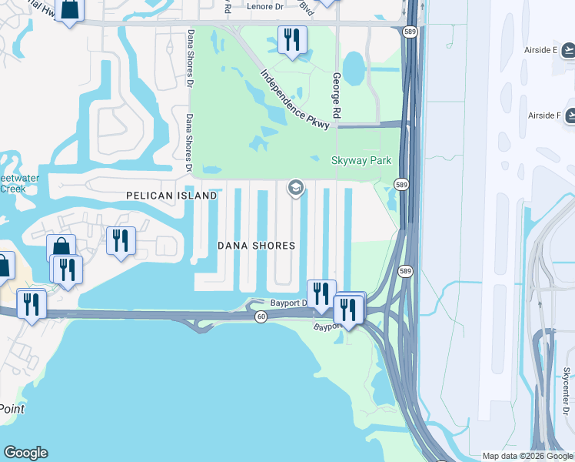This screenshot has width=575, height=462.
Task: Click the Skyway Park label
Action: click(x=361, y=160)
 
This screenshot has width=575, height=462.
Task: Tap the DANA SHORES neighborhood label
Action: click(x=256, y=246)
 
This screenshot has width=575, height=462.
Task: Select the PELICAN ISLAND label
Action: click(x=171, y=196)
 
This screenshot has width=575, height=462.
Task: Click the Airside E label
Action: click(x=542, y=50)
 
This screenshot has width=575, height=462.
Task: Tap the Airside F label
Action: click(x=544, y=115)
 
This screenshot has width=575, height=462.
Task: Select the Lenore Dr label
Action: click(x=266, y=7)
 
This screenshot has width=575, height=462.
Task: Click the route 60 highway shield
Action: click(x=261, y=316)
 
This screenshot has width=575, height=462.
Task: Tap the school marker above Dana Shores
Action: click(x=295, y=187)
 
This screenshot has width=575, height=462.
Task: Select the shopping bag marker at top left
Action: click(x=69, y=9)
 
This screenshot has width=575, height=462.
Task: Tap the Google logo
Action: click(x=25, y=453)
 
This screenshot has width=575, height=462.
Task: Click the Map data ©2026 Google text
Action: click(x=527, y=456)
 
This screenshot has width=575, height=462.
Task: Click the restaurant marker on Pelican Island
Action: click(x=121, y=240)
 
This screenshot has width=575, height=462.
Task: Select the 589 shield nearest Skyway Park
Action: click(x=401, y=185)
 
